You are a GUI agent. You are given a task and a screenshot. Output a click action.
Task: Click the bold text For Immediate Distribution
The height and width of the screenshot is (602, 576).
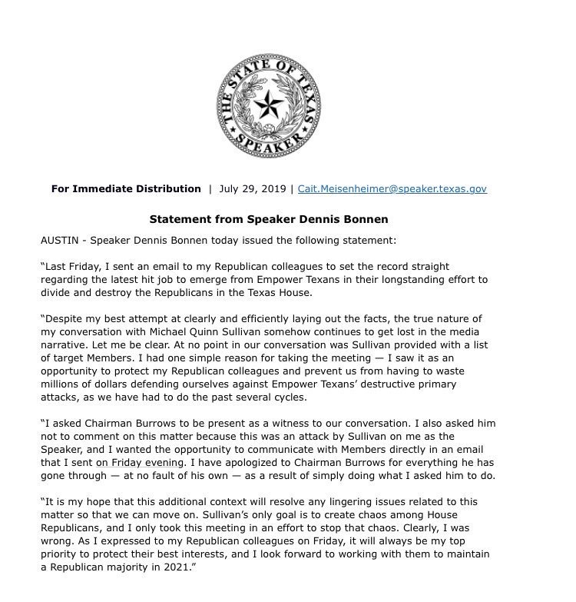(126, 188)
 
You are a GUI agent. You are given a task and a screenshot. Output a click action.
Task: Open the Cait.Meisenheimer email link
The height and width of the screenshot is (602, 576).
(392, 188)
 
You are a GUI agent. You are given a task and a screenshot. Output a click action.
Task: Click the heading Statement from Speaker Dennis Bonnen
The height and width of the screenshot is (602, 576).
(269, 218)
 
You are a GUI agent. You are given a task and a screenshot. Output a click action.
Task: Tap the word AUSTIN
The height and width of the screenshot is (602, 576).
(60, 240)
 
